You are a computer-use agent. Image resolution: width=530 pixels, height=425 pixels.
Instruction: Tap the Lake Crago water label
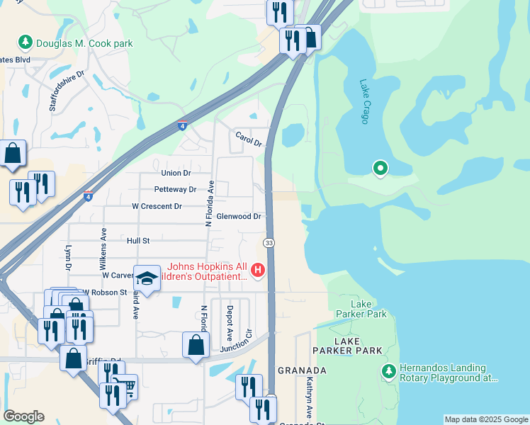point(364,101)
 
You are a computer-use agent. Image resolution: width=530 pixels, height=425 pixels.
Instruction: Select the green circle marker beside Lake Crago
point(380,168)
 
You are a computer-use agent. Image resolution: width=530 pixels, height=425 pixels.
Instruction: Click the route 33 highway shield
point(269,243)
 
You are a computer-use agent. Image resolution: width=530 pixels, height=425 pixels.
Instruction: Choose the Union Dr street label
point(176,173)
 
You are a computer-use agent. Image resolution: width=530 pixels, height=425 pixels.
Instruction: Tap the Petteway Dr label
point(175,190)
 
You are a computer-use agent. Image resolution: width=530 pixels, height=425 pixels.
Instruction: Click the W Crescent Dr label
point(157,206)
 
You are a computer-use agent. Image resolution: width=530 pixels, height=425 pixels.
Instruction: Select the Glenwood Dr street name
point(239,216)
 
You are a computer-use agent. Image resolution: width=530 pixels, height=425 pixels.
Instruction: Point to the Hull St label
point(138,241)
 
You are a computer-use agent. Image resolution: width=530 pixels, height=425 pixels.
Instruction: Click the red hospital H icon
point(258,270)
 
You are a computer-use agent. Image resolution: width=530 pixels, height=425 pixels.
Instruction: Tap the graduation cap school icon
point(147,278)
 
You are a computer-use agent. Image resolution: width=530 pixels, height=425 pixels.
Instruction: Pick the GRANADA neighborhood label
point(302,370)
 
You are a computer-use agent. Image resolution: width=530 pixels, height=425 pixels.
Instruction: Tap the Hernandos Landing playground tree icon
point(388,371)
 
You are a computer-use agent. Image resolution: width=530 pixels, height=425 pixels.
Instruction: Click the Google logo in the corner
point(24,416)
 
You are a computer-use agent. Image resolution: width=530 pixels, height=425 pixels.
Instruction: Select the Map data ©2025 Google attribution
point(486,419)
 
